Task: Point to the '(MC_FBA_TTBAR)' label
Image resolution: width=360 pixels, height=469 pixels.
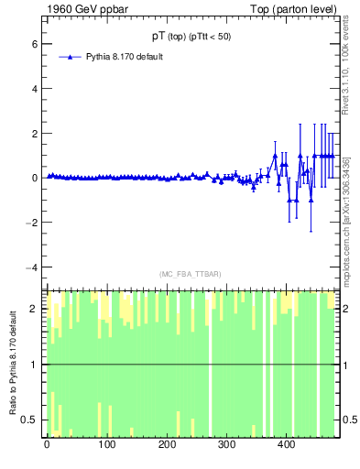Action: coord(191,274)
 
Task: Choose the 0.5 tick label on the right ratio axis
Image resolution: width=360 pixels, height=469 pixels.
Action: coord(350,420)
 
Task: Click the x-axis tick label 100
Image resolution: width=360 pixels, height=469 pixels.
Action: coord(106,445)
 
